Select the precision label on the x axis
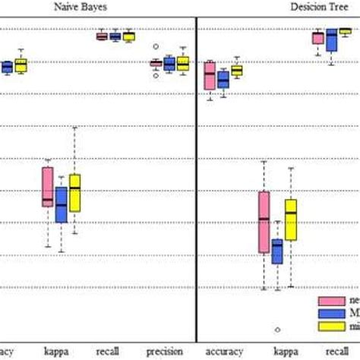[x=165, y=352]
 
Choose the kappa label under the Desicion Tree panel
[x=286, y=352]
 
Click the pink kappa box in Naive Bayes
[x=48, y=186]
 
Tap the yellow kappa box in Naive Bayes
[x=74, y=193]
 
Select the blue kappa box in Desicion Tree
[x=277, y=251]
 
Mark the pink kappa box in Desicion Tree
[x=264, y=222]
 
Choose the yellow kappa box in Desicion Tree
[x=291, y=219]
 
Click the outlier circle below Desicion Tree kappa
[x=277, y=330]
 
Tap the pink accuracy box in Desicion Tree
[x=210, y=76]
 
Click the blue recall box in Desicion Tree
[x=331, y=40]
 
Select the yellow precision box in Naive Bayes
[x=182, y=64]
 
